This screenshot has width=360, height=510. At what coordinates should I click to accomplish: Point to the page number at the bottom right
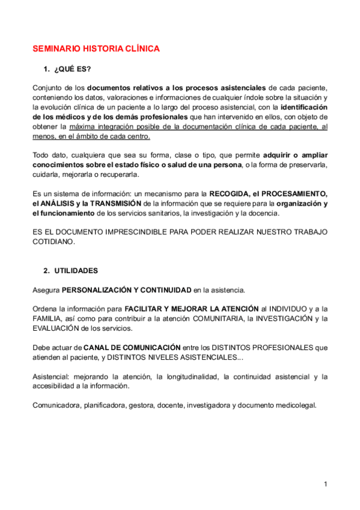[x=325, y=484]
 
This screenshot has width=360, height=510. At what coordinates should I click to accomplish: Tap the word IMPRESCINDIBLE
[x=138, y=232]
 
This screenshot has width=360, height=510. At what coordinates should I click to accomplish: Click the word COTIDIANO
[x=53, y=242]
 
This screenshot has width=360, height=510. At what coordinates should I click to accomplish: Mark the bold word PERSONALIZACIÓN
[x=96, y=290]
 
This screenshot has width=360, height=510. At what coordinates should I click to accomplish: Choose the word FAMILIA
[x=47, y=319]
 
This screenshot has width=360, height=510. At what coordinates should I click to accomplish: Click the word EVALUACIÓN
[x=56, y=328]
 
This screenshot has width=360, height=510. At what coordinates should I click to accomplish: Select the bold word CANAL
[x=96, y=348]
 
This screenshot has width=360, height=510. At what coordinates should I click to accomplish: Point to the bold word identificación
[x=304, y=107]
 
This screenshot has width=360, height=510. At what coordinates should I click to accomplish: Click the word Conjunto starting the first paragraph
[x=47, y=88]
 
